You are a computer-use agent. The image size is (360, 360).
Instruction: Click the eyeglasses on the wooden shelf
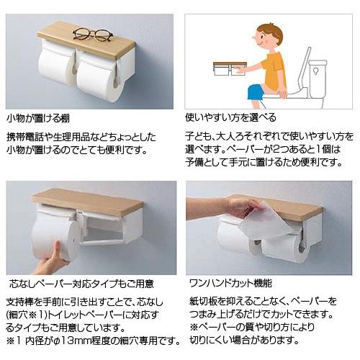pos(93,34)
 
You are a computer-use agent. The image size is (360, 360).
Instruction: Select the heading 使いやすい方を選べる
pos(231,117)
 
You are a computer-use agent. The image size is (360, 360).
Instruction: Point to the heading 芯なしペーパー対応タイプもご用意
pos(80,282)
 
